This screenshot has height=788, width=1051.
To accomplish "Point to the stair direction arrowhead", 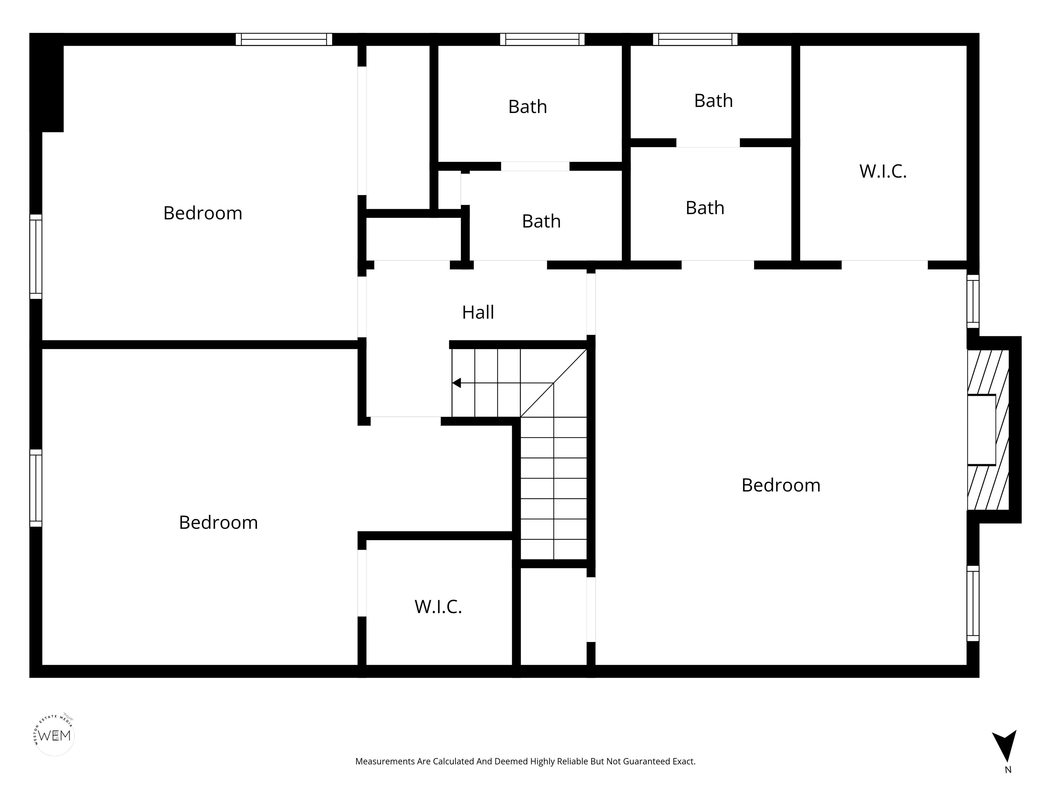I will [x=457, y=383].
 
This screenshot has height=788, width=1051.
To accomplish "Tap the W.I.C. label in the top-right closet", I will [x=883, y=171].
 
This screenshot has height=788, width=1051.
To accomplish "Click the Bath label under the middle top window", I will [x=528, y=107].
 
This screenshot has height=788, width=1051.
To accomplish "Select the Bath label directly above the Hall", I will [x=541, y=221].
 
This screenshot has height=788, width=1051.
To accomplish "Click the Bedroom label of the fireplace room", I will [x=781, y=485].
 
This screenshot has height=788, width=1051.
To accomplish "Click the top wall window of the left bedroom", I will [x=284, y=39].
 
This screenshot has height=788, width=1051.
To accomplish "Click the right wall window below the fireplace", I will [x=973, y=603].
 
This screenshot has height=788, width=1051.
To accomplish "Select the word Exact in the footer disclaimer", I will [x=684, y=761].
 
